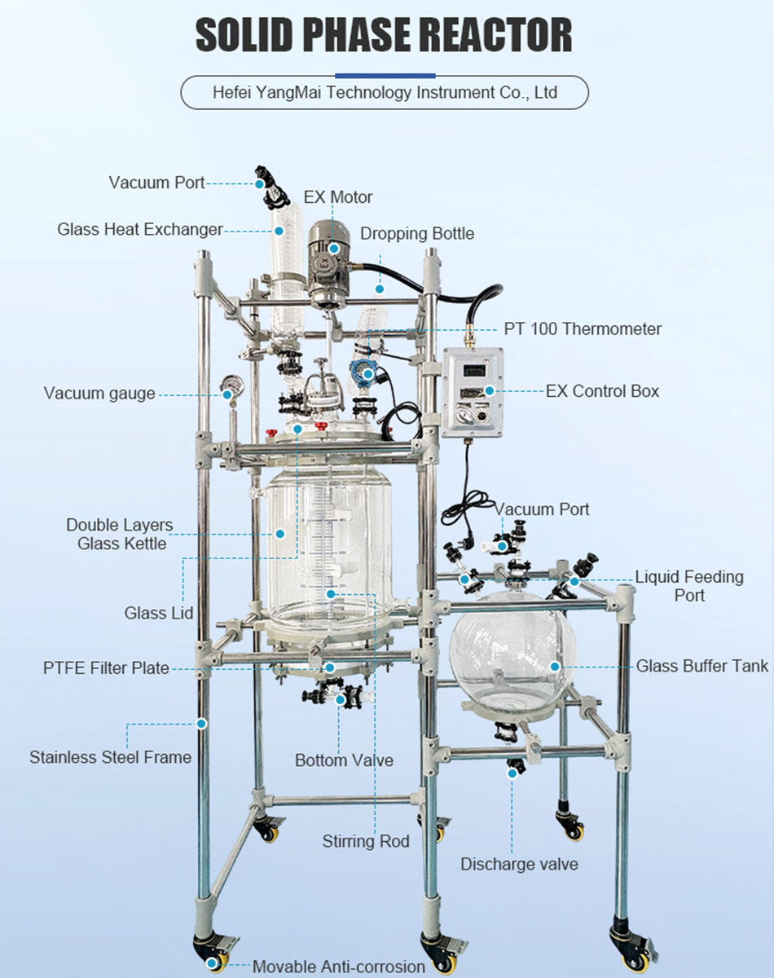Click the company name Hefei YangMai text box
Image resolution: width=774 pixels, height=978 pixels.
coord(385,92)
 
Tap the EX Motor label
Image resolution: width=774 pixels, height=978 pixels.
coord(338,197)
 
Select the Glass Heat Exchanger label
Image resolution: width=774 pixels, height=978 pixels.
coord(139,230)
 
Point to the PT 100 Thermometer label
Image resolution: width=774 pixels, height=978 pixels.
coord(583,329)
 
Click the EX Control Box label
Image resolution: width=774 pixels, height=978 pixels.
coord(602,391)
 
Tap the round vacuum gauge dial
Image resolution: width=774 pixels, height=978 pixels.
coord(229,384)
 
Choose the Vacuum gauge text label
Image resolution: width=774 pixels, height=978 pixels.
coord(99,394)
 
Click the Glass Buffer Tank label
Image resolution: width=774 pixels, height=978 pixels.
coord(701,667)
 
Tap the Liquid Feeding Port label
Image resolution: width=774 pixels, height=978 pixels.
coord(689,586)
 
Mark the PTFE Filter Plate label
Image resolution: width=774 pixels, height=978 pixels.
coord(106,668)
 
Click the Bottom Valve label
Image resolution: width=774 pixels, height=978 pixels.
coord(344,760)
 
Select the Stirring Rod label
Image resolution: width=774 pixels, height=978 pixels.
coord(366,841)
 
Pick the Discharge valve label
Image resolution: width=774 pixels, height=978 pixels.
coord(520,864)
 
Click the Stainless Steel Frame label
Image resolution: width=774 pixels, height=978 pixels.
coord(110,757)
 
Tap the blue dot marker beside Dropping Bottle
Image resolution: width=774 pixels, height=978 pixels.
coord(379,289)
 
